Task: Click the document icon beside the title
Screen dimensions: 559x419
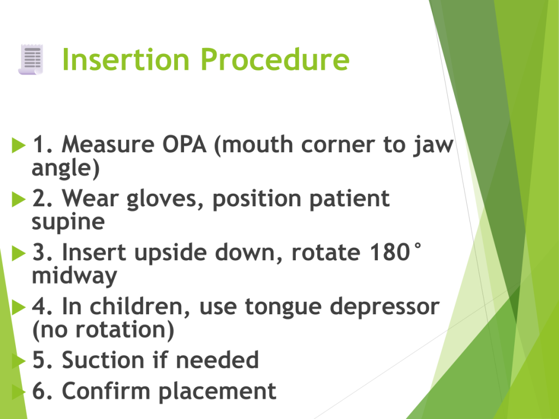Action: coord(31,59)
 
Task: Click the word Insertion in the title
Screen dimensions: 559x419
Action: coord(126,59)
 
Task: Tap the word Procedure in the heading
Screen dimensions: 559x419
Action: coord(275,59)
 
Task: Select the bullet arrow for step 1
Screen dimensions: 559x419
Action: coord(19,145)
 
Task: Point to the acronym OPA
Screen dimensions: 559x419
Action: coord(185,145)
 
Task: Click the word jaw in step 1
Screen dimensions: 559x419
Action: coord(433,146)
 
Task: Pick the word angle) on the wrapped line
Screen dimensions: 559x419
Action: coord(66,168)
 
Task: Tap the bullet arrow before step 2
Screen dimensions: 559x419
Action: coord(19,199)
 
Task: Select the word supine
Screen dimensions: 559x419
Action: coord(68,223)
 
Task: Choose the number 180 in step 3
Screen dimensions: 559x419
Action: coord(390,252)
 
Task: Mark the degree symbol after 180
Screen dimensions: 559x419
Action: coord(418,246)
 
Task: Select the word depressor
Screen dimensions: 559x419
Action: coord(384,308)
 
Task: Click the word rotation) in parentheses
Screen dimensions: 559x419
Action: coord(125,330)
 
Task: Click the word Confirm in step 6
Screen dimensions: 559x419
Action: coord(106,391)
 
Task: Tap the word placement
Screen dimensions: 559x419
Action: coord(217,392)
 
